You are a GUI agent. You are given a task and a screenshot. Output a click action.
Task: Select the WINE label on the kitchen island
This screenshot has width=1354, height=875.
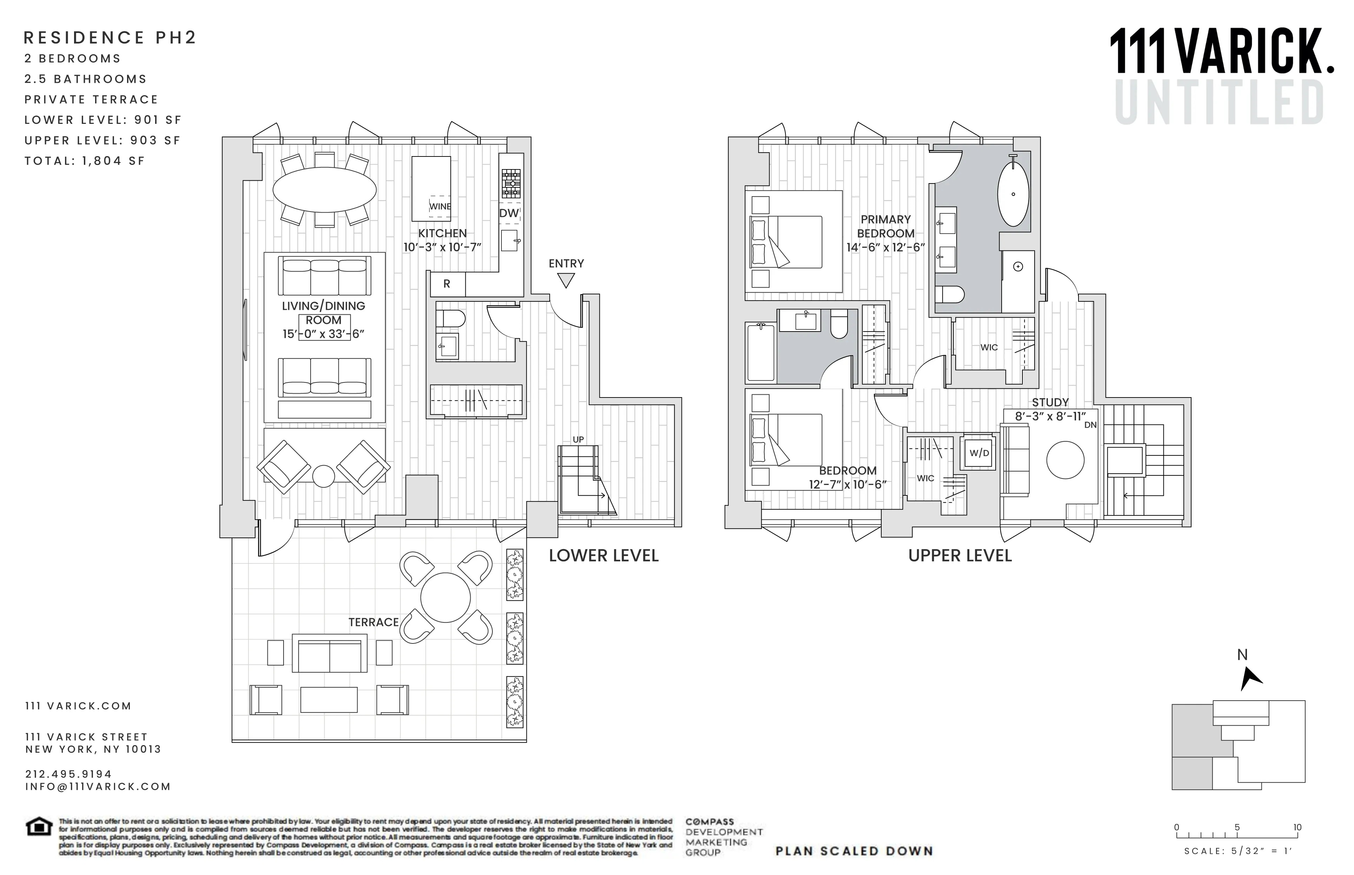440,206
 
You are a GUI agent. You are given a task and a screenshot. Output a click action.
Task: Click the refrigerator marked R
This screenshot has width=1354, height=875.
447,284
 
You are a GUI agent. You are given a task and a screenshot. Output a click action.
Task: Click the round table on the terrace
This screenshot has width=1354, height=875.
445,598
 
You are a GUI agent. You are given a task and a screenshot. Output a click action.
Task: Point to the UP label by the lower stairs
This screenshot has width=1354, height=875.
578,439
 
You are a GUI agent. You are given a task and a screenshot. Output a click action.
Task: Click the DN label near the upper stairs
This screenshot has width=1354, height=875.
1090,425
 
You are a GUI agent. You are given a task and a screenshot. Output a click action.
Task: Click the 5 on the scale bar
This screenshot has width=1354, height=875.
1237,827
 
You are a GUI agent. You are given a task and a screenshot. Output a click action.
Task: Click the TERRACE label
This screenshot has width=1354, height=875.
373,622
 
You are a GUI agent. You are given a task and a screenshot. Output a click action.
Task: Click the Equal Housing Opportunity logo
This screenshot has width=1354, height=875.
39,827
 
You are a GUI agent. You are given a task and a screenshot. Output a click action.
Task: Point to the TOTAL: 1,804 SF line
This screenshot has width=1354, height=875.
85,161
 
